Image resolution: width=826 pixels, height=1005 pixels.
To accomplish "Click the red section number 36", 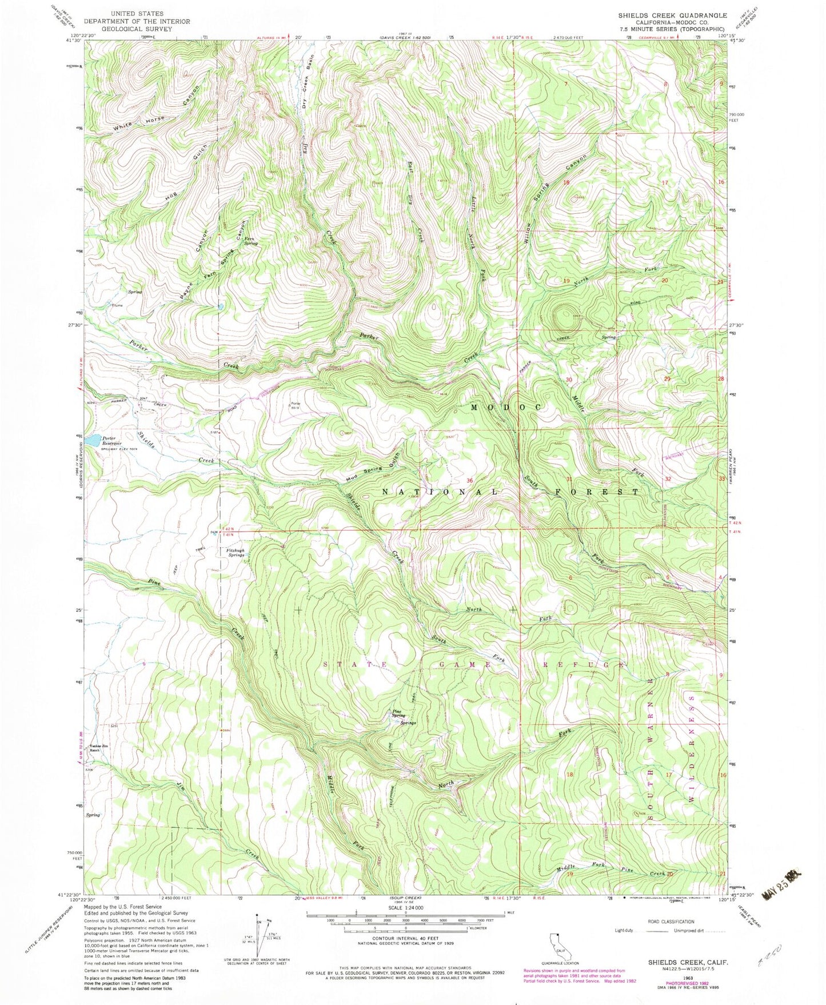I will pos(470,480).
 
